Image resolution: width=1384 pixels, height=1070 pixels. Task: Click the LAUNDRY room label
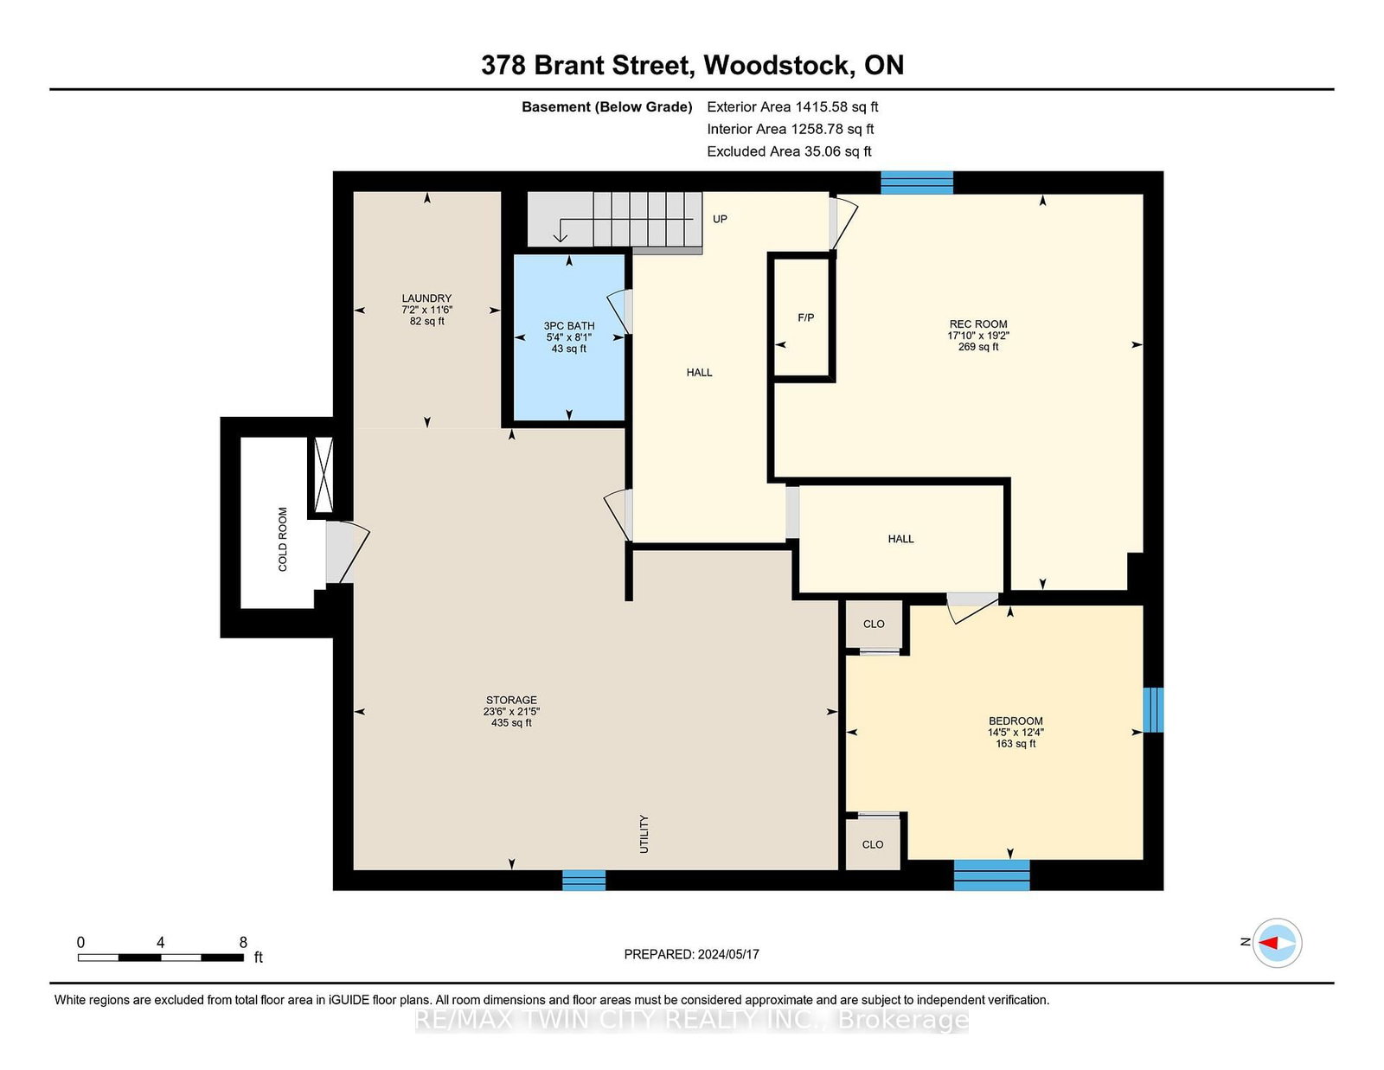pos(426,298)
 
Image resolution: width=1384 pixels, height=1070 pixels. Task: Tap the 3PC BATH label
pos(569,326)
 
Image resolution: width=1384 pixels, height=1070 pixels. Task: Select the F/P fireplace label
pos(805,317)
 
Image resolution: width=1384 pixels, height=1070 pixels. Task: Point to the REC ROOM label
pos(978,324)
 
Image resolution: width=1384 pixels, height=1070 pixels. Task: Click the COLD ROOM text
pos(283,539)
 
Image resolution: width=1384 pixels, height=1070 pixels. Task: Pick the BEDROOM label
pos(1016,721)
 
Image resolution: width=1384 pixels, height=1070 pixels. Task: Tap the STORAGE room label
pos(511,700)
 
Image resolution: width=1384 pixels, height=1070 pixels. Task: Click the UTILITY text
pos(644,834)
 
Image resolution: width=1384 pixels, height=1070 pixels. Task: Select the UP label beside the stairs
pos(720,219)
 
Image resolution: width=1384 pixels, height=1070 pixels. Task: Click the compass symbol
pos(1277,943)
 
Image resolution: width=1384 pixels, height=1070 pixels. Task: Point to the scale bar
pos(161,958)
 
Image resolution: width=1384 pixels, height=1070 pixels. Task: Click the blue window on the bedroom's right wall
pos(1153,709)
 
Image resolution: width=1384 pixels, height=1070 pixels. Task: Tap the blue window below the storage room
pos(583,880)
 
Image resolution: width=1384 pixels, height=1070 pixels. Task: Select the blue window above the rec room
pos(917,183)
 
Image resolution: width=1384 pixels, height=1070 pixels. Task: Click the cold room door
pos(347,553)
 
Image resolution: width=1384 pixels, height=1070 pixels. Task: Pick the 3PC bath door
pos(619,312)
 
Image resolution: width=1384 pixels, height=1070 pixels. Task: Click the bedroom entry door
pos(972,606)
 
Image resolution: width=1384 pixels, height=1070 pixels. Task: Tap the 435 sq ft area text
pos(511,723)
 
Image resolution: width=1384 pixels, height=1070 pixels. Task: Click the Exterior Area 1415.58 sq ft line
pos(792,107)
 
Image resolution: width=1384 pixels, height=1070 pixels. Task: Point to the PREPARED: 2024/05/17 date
pos(692,954)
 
